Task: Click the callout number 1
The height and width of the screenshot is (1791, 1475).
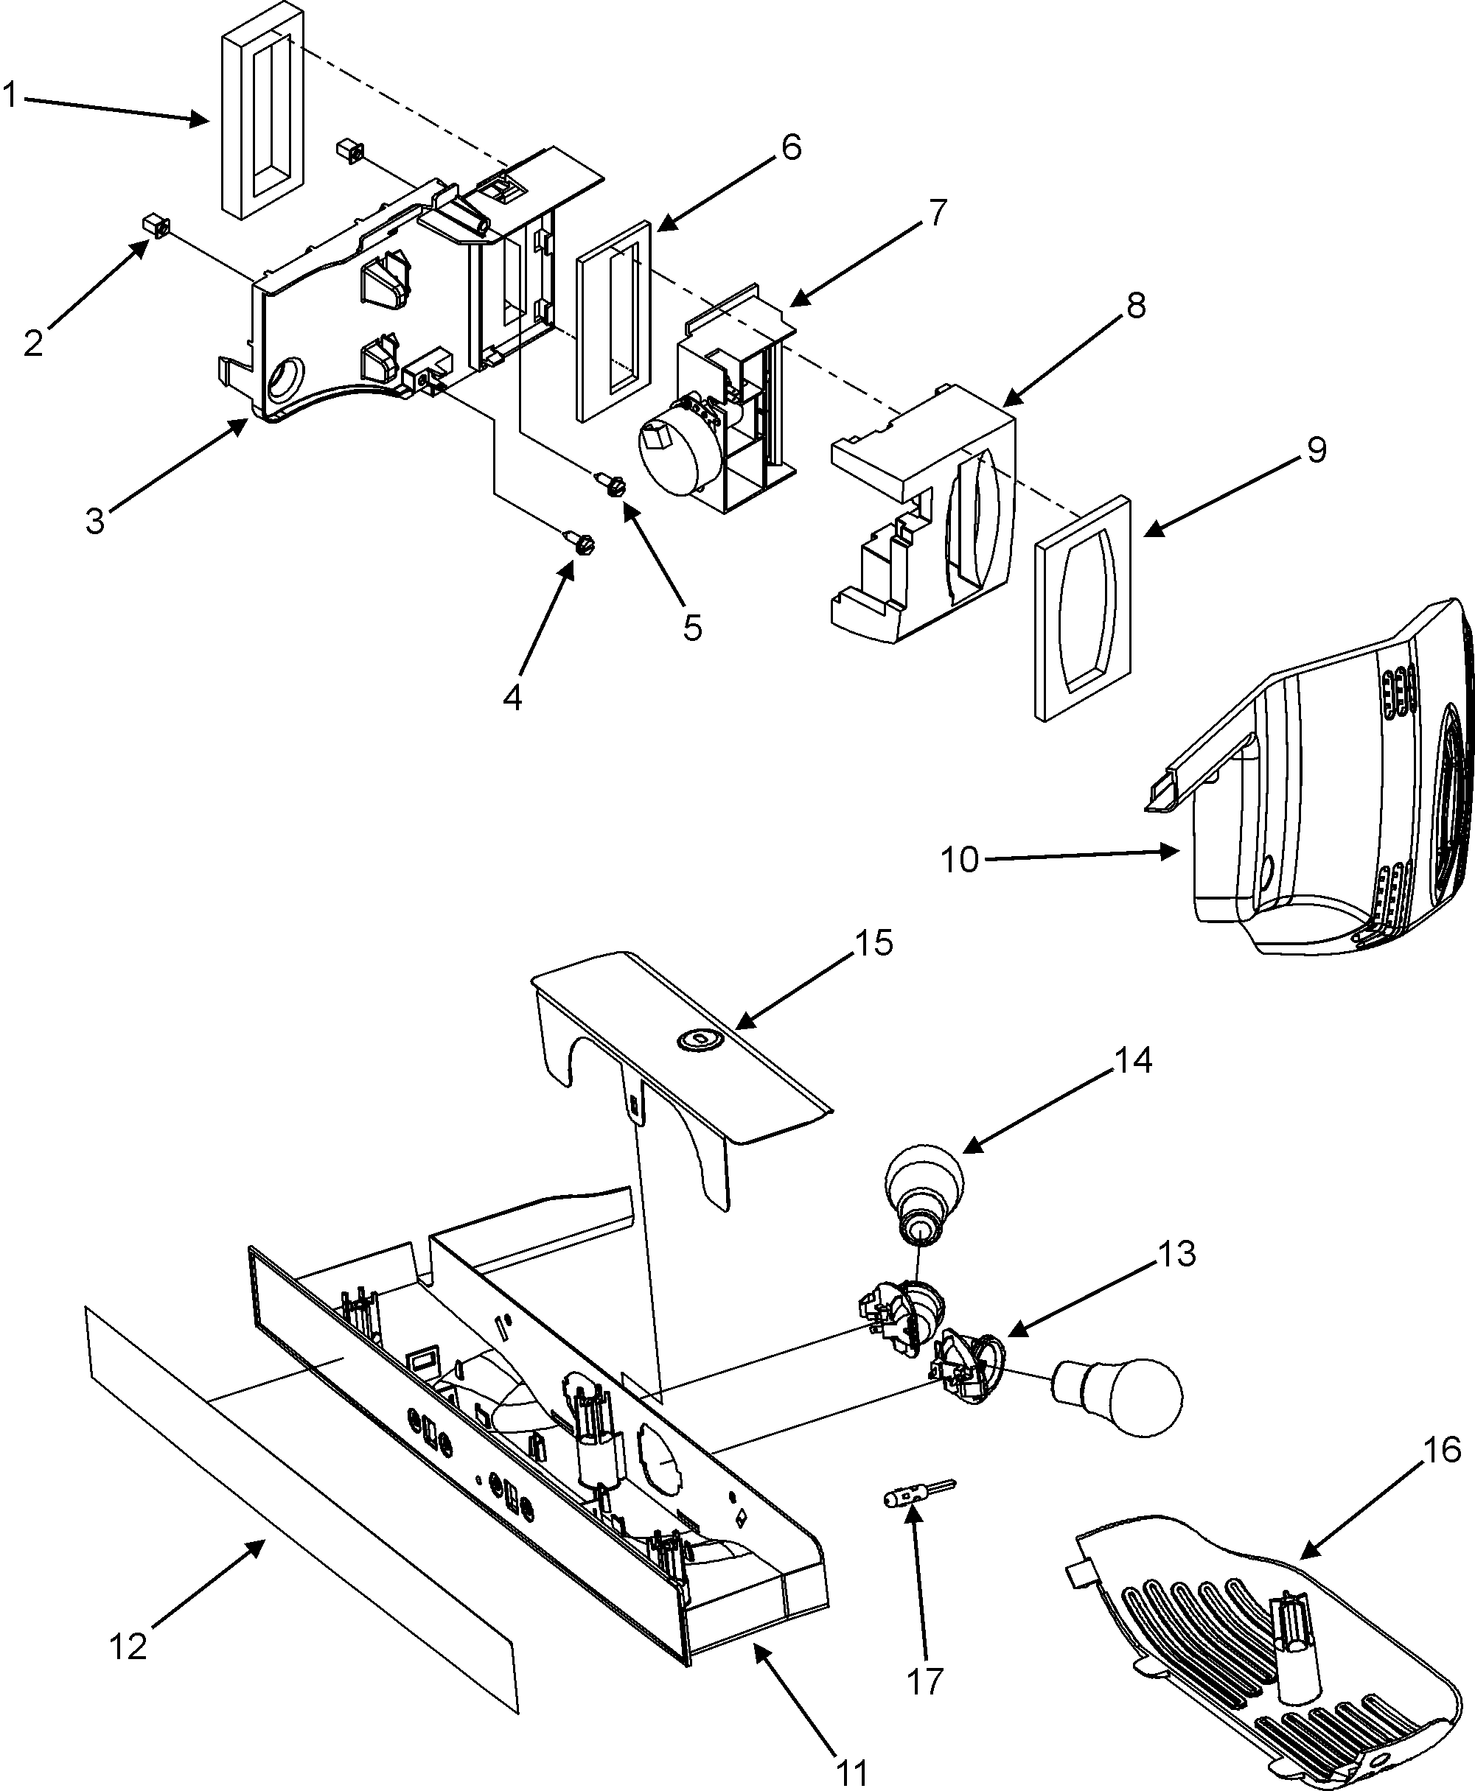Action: (10, 95)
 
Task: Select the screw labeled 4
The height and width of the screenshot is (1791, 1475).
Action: (580, 541)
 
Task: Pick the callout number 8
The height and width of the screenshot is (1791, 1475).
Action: (1136, 304)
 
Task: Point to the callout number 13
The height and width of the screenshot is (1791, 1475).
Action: (1176, 1253)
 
